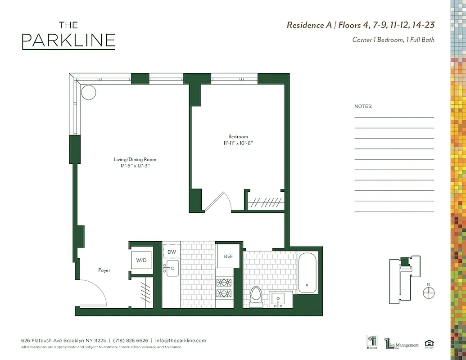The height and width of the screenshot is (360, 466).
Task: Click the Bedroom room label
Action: pyautogui.click(x=238, y=137)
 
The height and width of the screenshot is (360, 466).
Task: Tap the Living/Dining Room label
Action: pyautogui.click(x=135, y=159)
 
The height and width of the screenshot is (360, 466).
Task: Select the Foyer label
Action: pyautogui.click(x=104, y=270)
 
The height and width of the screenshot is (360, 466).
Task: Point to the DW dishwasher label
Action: pyautogui.click(x=172, y=252)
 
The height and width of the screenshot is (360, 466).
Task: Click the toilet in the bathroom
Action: pyautogui.click(x=256, y=297)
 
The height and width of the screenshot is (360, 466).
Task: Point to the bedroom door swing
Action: pyautogui.click(x=218, y=201)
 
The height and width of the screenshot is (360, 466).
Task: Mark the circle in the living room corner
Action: pyautogui.click(x=89, y=92)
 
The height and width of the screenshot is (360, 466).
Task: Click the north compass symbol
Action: pyautogui.click(x=429, y=292)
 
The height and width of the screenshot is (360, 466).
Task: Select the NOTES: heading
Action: pyautogui.click(x=363, y=107)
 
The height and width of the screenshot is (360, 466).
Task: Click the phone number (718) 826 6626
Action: pyautogui.click(x=130, y=341)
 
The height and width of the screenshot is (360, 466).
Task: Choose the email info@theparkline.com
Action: pyautogui.click(x=181, y=341)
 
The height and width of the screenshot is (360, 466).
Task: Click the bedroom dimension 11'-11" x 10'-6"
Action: pyautogui.click(x=238, y=143)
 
